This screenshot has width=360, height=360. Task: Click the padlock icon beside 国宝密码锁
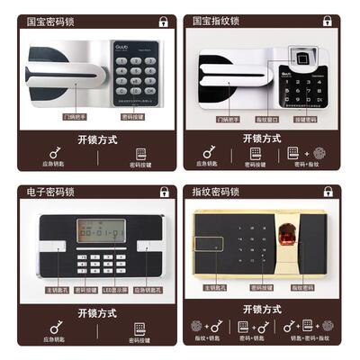(x=163, y=21)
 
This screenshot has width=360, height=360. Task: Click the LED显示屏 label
(x=114, y=289)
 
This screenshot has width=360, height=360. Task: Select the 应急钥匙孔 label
(x=147, y=289)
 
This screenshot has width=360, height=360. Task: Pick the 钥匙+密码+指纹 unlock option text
(x=309, y=339)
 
